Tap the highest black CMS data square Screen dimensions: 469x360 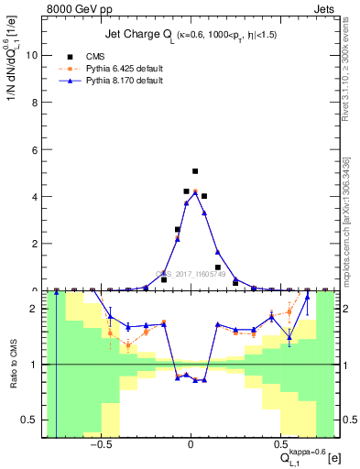195,171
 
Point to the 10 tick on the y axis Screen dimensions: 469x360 33,54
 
